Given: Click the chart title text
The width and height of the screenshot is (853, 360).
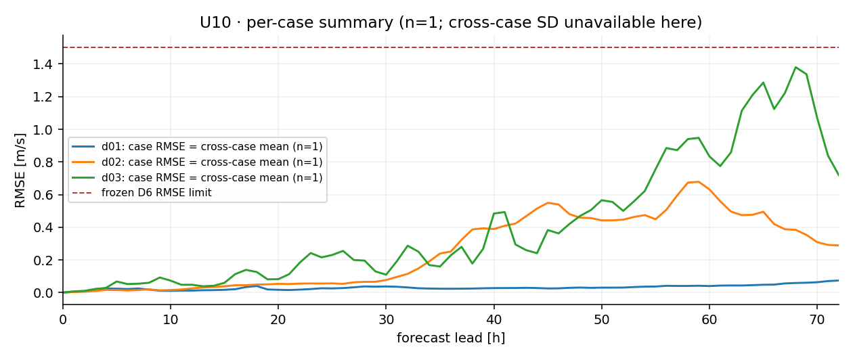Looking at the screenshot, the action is pyautogui.click(x=451, y=23).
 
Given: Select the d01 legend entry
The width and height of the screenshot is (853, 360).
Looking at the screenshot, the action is pyautogui.click(x=197, y=147).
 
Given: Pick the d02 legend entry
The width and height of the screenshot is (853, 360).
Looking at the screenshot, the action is pyautogui.click(x=197, y=162).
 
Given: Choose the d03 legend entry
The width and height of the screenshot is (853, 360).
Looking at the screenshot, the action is pyautogui.click(x=197, y=178).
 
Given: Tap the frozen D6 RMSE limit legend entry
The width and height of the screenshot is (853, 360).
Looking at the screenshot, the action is pyautogui.click(x=141, y=193).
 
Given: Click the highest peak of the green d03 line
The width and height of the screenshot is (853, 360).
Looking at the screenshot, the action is pyautogui.click(x=795, y=68).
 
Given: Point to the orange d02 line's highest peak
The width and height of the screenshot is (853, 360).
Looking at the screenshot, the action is pyautogui.click(x=699, y=182).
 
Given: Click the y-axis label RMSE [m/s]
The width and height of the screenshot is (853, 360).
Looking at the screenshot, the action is pyautogui.click(x=20, y=171).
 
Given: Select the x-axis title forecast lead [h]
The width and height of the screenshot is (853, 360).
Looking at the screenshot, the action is pyautogui.click(x=451, y=338).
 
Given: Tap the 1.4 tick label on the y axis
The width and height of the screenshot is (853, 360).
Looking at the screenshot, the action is pyautogui.click(x=43, y=64).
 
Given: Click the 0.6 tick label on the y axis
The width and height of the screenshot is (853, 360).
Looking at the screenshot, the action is pyautogui.click(x=43, y=195).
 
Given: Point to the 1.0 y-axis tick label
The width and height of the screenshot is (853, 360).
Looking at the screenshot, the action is pyautogui.click(x=43, y=130).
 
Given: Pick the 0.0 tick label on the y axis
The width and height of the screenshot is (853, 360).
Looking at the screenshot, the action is pyautogui.click(x=43, y=293).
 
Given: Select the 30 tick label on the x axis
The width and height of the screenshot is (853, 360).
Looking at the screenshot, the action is pyautogui.click(x=386, y=319).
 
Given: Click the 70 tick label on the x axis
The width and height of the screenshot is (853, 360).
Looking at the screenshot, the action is pyautogui.click(x=817, y=319).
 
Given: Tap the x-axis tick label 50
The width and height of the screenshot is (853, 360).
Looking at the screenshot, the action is pyautogui.click(x=602, y=319).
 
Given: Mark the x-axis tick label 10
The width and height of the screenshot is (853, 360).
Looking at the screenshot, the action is pyautogui.click(x=171, y=319).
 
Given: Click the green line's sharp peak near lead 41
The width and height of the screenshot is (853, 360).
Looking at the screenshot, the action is pyautogui.click(x=504, y=212).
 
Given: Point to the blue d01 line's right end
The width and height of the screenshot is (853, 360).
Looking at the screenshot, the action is pyautogui.click(x=839, y=280).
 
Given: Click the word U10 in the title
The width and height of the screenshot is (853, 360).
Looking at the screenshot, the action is pyautogui.click(x=215, y=23).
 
